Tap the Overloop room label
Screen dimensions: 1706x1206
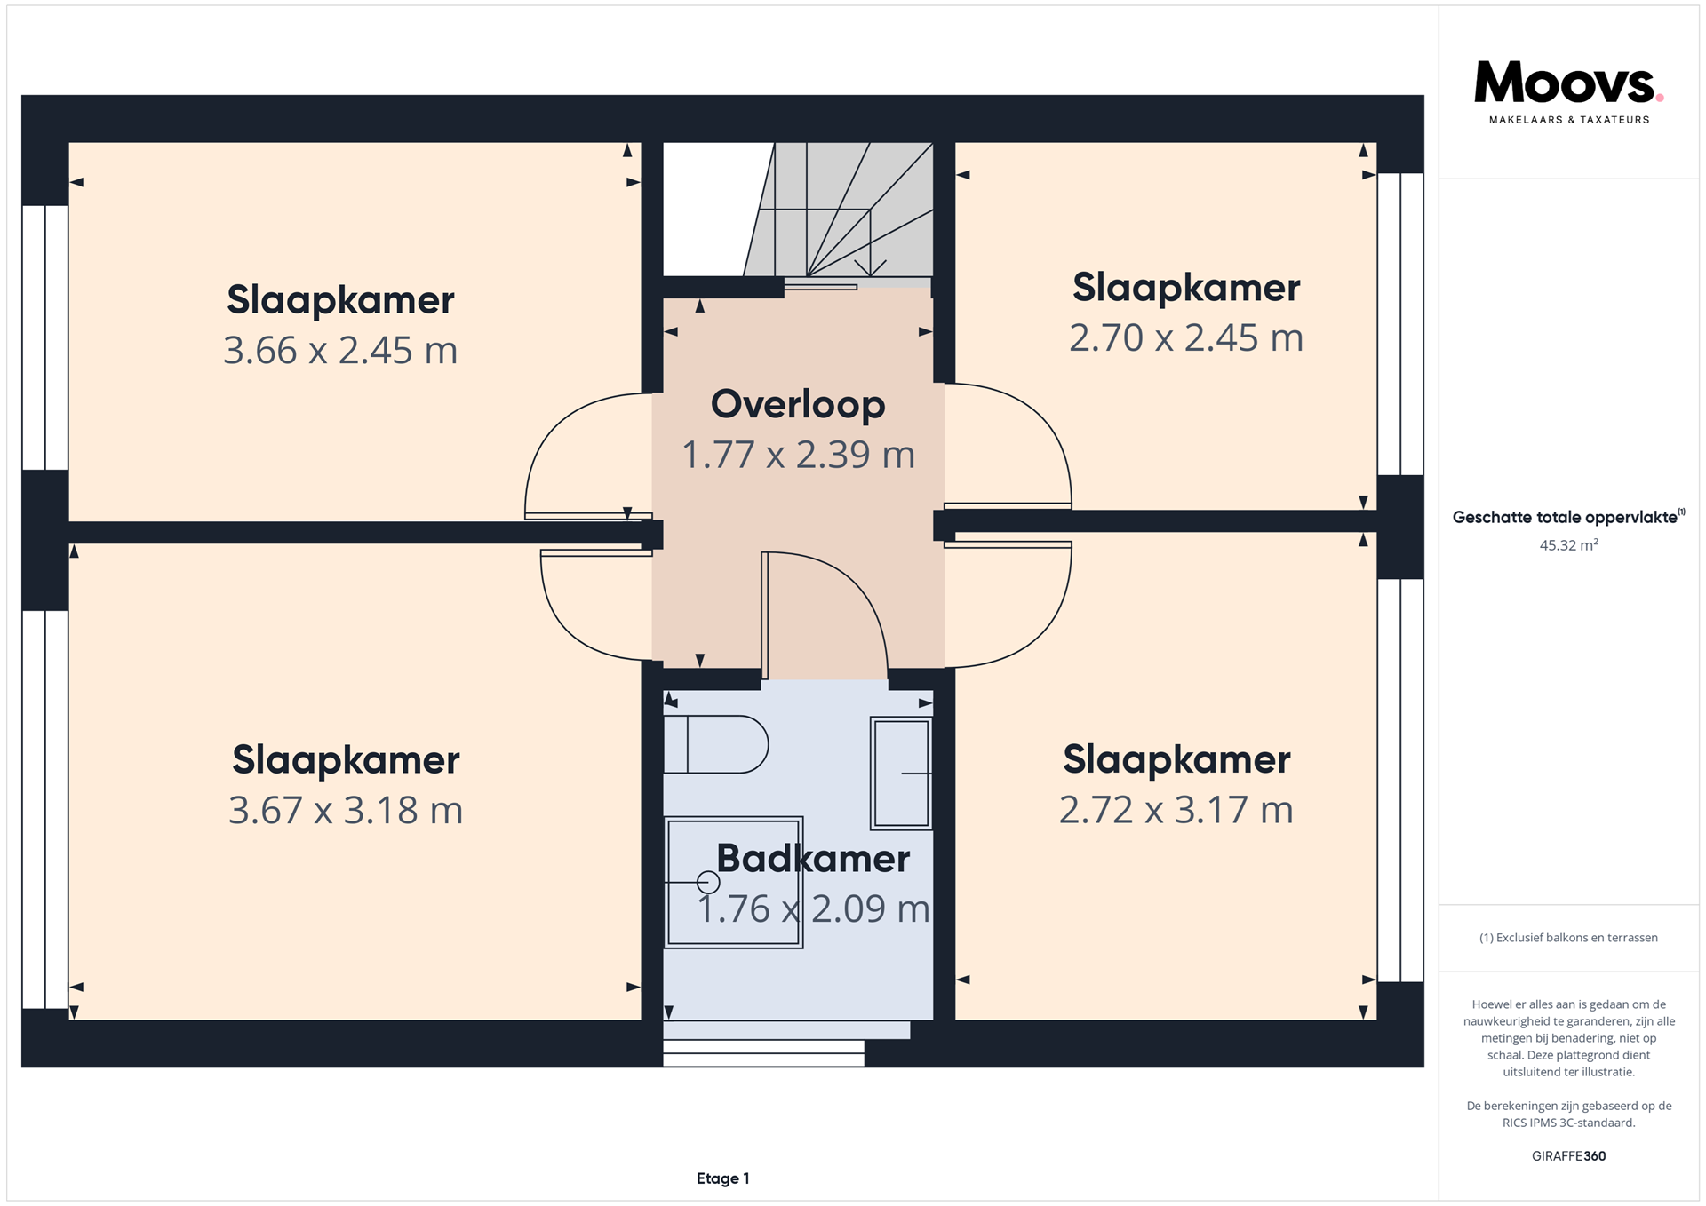coord(798,404)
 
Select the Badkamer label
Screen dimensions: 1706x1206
coord(813,859)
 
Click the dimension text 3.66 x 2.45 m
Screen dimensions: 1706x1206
coord(340,350)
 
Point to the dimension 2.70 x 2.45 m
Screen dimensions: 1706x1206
coord(1186,337)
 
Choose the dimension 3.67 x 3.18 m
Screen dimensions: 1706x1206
coord(346,810)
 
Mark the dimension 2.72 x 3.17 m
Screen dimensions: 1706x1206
coord(1176,809)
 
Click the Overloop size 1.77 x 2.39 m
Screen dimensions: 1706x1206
coord(798,455)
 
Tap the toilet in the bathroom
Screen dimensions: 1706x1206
coord(716,744)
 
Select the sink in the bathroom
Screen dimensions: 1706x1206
coord(901,774)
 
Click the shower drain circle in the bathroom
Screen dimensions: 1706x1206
coord(708,882)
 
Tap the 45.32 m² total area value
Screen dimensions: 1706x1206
coord(1568,545)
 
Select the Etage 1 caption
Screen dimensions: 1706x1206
coord(723,1178)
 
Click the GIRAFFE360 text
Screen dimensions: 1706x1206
coord(1568,1156)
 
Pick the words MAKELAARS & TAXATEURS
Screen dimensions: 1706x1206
coord(1568,120)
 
